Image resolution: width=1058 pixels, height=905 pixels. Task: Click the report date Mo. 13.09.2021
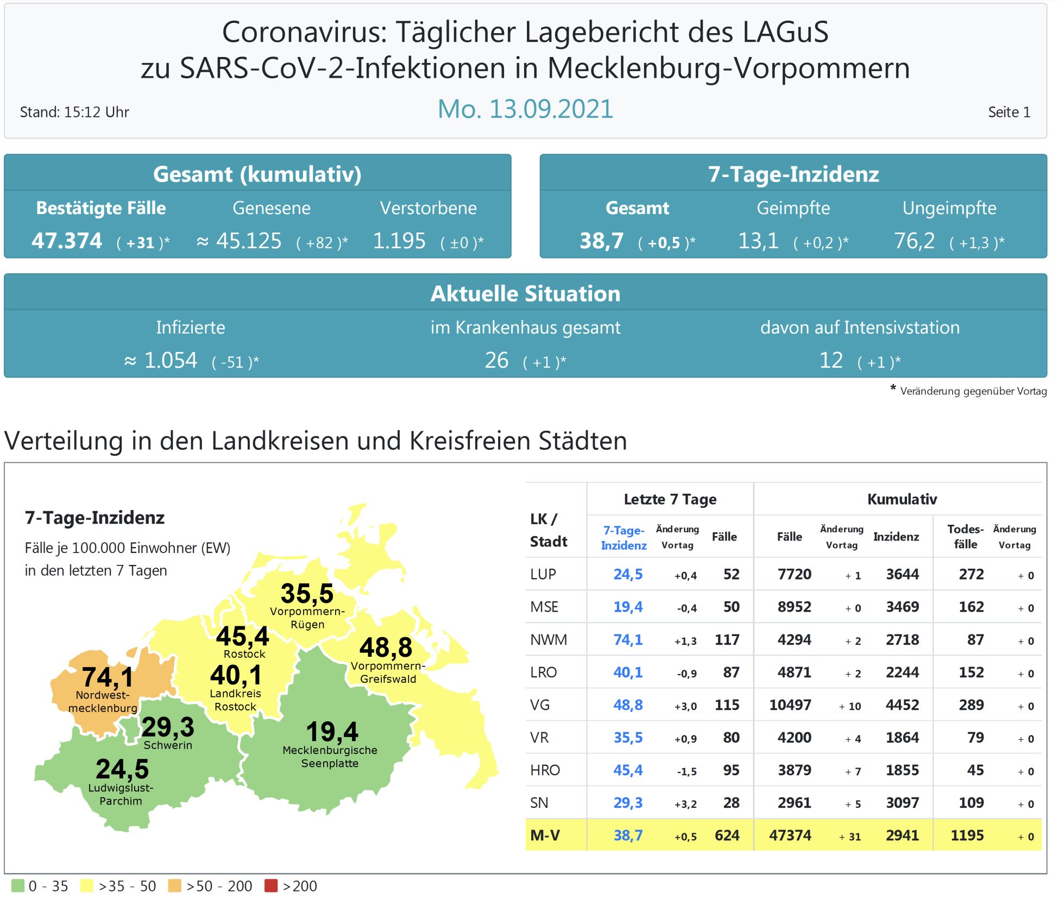click(x=525, y=109)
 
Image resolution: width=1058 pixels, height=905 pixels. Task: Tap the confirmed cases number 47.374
click(x=67, y=241)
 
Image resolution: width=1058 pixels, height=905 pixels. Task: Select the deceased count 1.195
click(x=399, y=241)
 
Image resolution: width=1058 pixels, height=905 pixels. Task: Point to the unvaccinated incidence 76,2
click(x=915, y=241)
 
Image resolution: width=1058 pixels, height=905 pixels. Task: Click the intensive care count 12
click(x=831, y=360)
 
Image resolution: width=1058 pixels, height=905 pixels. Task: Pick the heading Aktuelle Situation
click(x=525, y=293)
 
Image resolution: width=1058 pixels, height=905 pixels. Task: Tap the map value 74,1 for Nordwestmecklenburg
click(x=108, y=677)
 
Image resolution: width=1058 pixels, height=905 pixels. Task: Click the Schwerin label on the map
click(x=168, y=745)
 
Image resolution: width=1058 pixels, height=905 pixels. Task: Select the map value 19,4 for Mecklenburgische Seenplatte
click(x=332, y=731)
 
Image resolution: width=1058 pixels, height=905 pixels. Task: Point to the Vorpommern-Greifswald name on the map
click(x=388, y=673)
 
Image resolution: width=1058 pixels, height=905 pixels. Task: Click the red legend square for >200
click(x=270, y=886)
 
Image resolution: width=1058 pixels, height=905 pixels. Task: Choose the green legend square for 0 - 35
click(x=18, y=886)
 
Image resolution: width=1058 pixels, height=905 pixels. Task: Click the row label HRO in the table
click(x=545, y=770)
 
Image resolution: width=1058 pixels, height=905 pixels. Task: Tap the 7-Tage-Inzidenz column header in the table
click(x=624, y=538)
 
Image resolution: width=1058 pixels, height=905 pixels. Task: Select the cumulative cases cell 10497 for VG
click(x=790, y=705)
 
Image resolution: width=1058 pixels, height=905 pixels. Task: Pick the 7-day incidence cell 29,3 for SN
click(x=628, y=803)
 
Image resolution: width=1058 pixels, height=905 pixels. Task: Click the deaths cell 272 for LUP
click(x=971, y=574)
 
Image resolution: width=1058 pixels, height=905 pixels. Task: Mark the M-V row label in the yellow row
click(x=545, y=835)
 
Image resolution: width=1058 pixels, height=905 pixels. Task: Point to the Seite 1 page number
click(x=1009, y=112)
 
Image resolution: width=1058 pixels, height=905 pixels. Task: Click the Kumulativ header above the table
click(x=902, y=499)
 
